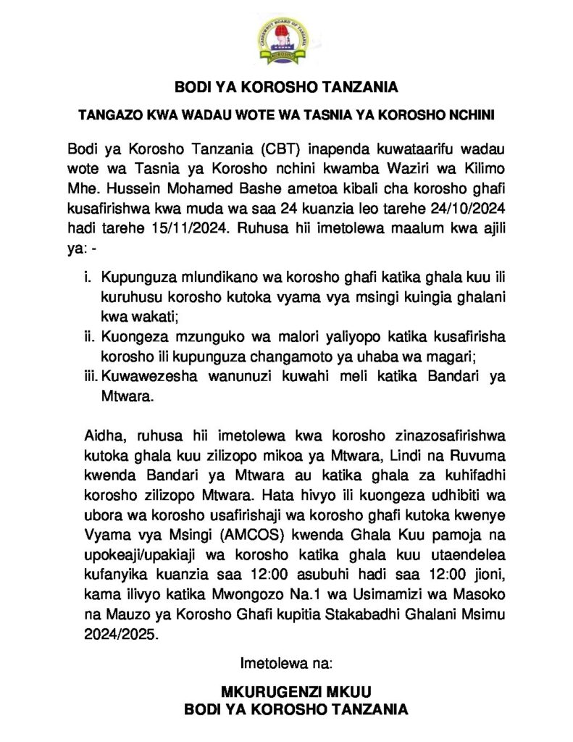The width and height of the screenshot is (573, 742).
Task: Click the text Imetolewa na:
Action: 286,662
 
